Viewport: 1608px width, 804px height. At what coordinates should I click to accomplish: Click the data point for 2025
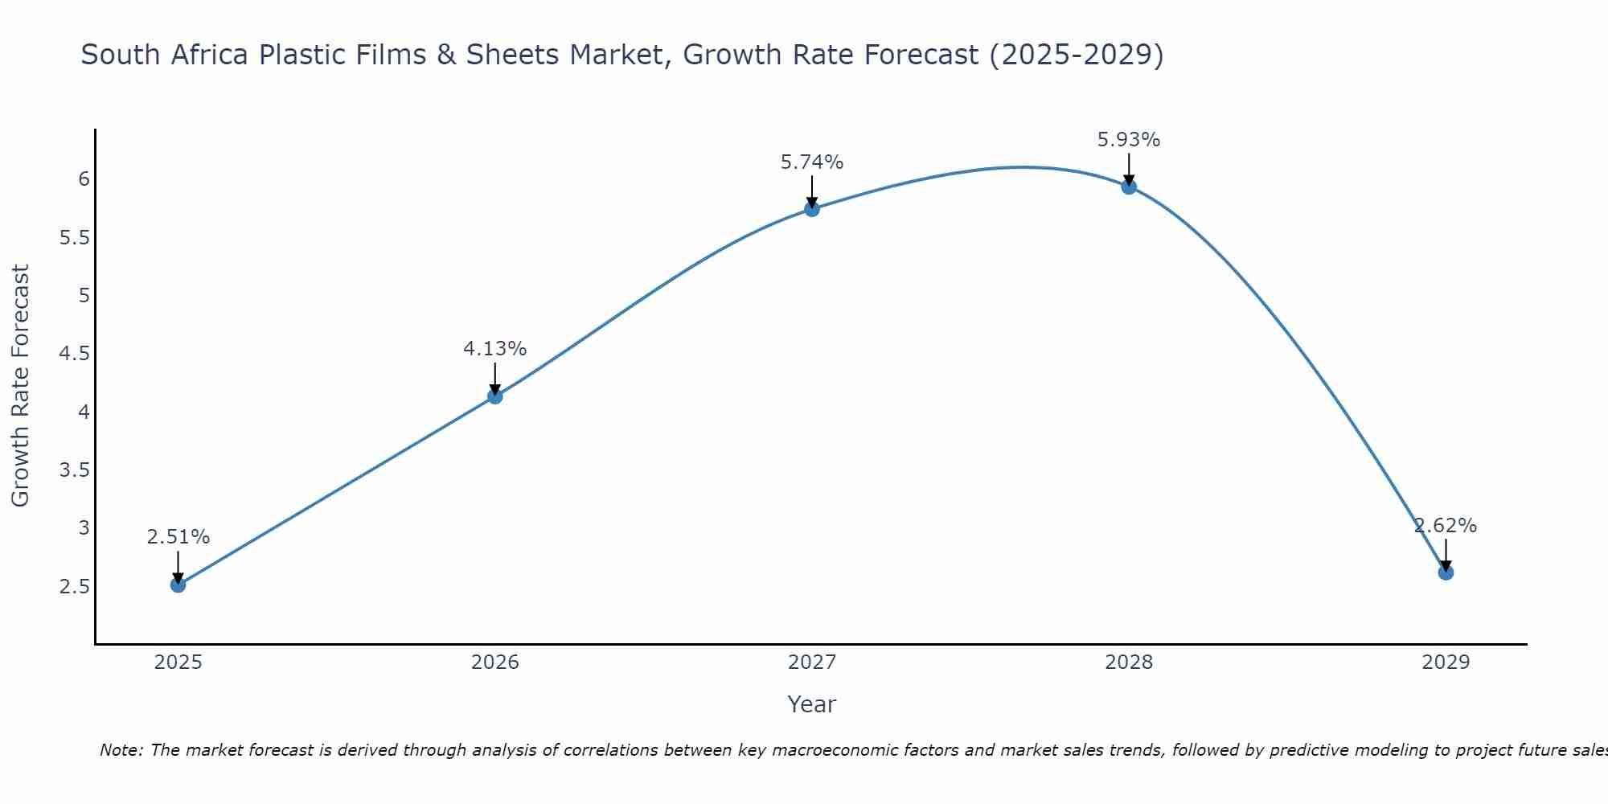pos(178,585)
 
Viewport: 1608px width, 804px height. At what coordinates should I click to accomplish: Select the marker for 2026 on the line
pos(495,396)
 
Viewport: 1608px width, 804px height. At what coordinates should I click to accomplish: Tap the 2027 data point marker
pos(812,209)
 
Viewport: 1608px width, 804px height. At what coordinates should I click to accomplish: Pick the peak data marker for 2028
pos(1129,187)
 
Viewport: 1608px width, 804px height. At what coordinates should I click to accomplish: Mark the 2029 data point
pos(1446,572)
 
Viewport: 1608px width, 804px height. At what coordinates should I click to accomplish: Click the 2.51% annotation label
pos(178,537)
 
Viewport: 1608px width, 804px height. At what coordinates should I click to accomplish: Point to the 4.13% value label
pos(495,349)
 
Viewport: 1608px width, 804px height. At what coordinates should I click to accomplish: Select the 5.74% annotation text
pos(812,162)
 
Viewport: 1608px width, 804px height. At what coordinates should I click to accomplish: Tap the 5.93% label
pos(1129,140)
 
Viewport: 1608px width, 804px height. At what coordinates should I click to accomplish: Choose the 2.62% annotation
pos(1446,526)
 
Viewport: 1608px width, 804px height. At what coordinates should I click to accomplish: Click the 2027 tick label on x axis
pos(812,662)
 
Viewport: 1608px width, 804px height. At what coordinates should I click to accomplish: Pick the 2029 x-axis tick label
pos(1446,662)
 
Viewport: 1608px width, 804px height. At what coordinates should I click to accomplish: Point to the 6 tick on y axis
pos(84,179)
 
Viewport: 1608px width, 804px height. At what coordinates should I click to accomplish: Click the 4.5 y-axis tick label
pos(75,354)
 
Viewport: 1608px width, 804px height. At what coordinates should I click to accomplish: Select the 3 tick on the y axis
pos(84,528)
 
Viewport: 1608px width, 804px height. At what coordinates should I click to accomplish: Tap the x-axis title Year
pos(812,704)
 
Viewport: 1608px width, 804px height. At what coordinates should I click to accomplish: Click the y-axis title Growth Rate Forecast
pos(21,385)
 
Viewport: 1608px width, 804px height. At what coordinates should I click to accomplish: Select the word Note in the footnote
pos(121,750)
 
